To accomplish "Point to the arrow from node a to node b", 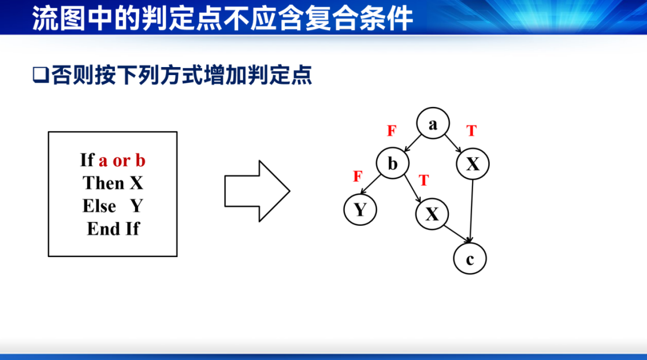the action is [x=412, y=143].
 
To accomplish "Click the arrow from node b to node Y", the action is [x=371, y=184].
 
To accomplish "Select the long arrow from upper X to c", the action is [x=471, y=211].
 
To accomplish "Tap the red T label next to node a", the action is [x=471, y=131].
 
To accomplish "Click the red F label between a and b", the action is [x=392, y=131].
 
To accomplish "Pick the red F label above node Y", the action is [x=358, y=176].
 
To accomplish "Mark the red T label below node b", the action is [x=424, y=180].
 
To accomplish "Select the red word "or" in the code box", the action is [x=121, y=161].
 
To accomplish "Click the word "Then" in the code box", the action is [x=103, y=183].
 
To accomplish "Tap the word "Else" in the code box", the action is [x=99, y=206].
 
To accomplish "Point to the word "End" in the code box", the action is [x=103, y=228].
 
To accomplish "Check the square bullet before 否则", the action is [x=40, y=75].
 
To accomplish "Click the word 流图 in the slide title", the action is [x=58, y=18].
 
